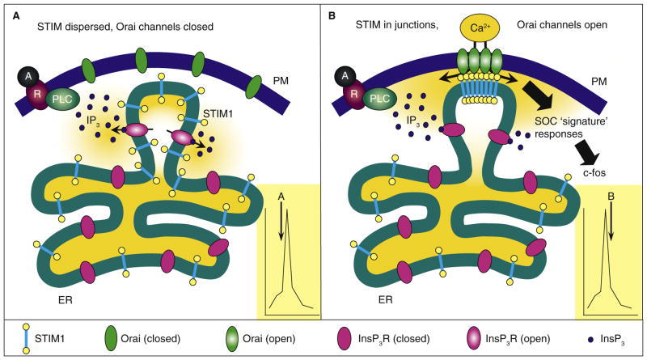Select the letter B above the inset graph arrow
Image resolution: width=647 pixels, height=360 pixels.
(611, 194)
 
